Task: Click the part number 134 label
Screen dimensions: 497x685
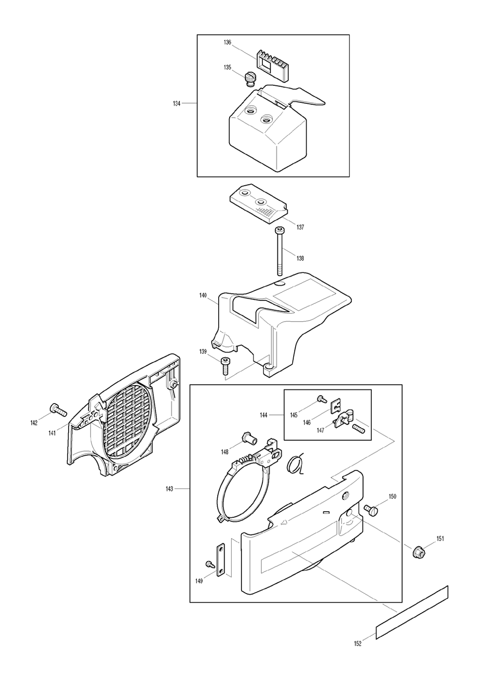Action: [x=176, y=103]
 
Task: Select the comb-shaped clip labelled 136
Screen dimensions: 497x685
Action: [x=271, y=66]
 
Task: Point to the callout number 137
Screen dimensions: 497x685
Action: [x=300, y=227]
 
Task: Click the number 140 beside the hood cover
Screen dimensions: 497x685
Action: [x=203, y=295]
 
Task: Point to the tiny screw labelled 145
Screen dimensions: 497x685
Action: [x=321, y=399]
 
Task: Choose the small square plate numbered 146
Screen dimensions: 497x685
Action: [x=336, y=407]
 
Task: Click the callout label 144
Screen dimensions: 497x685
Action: [x=263, y=415]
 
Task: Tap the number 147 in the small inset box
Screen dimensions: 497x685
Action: [x=321, y=430]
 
